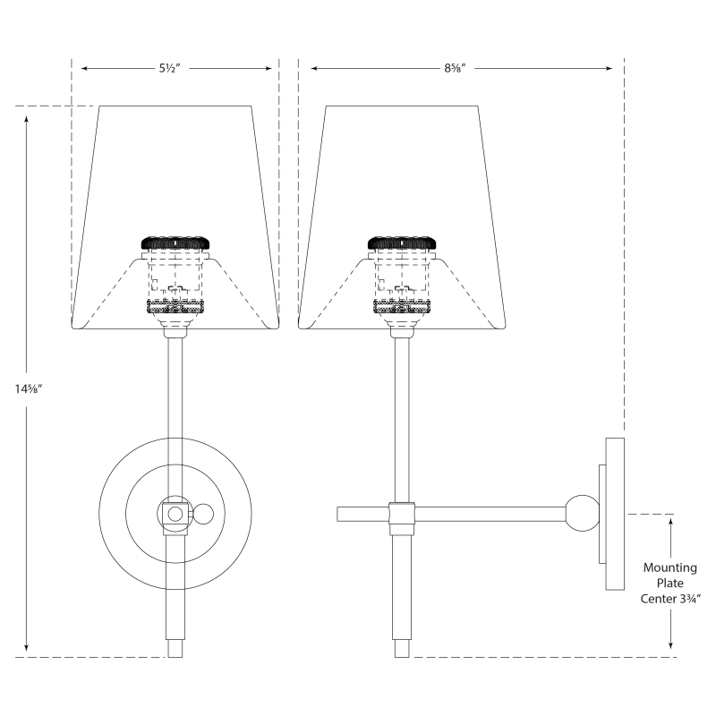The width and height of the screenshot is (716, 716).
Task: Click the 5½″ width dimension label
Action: click(170, 69)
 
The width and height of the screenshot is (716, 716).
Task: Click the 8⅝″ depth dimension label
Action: click(455, 69)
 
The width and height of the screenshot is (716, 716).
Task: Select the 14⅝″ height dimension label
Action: click(29, 389)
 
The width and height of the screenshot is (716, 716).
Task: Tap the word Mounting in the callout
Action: click(669, 568)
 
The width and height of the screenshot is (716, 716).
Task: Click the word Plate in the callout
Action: click(669, 584)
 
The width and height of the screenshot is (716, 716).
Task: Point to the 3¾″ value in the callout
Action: click(689, 599)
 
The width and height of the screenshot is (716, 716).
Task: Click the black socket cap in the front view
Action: click(175, 243)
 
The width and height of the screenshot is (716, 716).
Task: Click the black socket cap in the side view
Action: click(402, 243)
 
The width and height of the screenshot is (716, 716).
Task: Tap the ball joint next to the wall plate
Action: click(583, 513)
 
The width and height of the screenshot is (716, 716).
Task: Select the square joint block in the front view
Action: click(175, 514)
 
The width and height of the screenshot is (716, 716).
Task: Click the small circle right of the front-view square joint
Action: click(200, 514)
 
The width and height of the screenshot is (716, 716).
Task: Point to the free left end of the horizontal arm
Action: click(338, 514)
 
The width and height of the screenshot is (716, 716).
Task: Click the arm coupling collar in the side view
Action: click(402, 519)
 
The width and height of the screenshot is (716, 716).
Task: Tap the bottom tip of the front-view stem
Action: click(175, 657)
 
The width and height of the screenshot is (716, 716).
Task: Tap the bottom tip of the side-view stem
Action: click(402, 657)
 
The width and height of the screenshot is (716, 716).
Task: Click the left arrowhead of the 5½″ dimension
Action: click(84, 69)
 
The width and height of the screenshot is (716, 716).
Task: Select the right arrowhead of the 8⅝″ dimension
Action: click(609, 69)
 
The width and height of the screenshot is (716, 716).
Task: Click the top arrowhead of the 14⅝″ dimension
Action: click(27, 119)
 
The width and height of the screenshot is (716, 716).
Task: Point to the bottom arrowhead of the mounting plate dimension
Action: click(670, 644)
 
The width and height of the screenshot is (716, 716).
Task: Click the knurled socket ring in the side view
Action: click(402, 306)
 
